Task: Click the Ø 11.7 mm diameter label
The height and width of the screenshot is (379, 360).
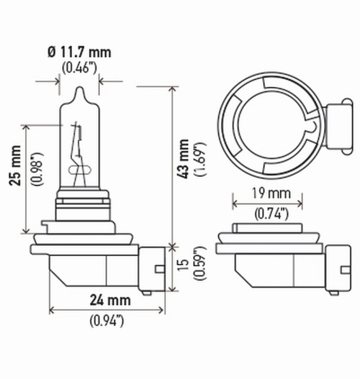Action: [79, 52]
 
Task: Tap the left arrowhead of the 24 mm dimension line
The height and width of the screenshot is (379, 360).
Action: [52, 311]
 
